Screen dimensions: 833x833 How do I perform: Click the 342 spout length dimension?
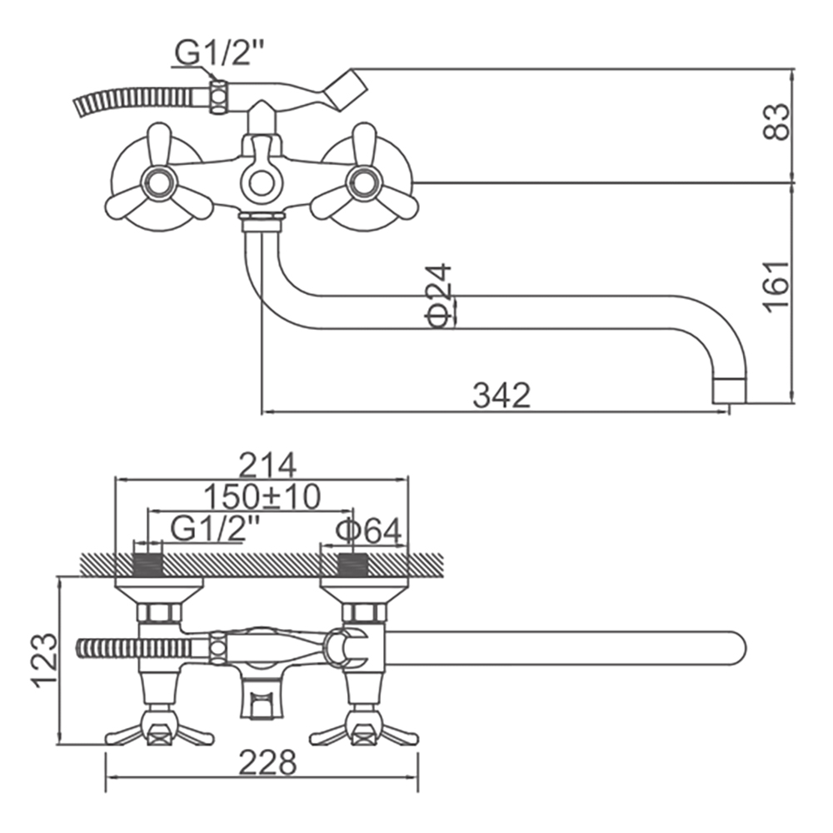[501, 395]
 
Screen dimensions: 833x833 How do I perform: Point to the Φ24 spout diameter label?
[438, 296]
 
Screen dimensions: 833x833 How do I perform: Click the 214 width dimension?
[267, 466]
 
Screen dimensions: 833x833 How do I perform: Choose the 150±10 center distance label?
[262, 496]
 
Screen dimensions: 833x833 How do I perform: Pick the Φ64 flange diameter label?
[368, 531]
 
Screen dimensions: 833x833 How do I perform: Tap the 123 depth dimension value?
[46, 661]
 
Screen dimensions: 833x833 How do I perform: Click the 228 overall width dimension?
[267, 763]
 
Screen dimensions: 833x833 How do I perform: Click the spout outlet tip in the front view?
[729, 391]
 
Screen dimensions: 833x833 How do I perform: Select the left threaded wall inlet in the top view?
[147, 565]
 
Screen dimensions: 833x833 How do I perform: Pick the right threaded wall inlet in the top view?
[354, 565]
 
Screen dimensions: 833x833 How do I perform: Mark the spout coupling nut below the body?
[261, 219]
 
